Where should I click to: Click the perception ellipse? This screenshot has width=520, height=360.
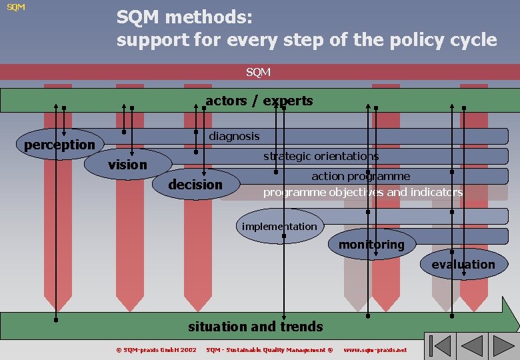coord(59,144)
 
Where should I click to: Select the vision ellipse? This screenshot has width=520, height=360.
coord(127,164)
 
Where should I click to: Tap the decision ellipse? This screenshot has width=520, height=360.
coord(195,185)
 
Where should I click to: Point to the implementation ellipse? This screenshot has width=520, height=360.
coord(279,226)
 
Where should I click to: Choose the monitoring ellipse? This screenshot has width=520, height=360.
coord(371,245)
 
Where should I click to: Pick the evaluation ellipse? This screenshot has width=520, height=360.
coord(463,265)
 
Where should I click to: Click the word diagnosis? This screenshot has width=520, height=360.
coord(234,136)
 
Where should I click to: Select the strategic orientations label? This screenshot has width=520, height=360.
coord(321,156)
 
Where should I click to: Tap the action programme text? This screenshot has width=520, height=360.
coord(361,176)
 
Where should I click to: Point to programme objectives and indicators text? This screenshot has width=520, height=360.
coord(363,192)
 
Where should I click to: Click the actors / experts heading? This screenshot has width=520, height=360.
coord(259,101)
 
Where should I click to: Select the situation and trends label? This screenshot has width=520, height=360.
coord(255,327)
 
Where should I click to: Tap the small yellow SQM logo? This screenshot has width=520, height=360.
coord(16,7)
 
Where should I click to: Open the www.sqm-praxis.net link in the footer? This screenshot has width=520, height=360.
coord(375,350)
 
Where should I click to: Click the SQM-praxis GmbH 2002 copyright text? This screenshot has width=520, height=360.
coord(156,350)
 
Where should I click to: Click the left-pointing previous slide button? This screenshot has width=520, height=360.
coord(473,347)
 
